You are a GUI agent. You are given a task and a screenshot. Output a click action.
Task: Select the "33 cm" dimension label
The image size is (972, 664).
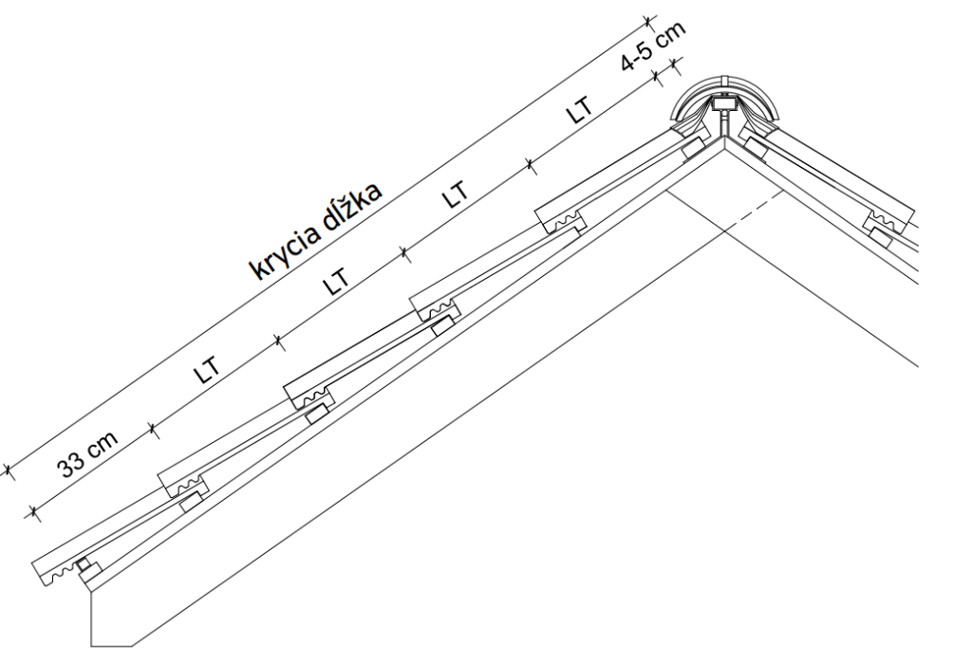tap(87, 455)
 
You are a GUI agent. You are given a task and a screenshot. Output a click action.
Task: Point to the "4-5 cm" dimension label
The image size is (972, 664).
tap(654, 46)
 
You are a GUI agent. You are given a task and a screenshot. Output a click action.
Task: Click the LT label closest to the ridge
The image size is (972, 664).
tap(578, 110)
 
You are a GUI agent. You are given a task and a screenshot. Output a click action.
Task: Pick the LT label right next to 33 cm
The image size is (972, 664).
tap(207, 371)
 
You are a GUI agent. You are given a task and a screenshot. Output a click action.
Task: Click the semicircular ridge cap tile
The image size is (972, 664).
tap(724, 99)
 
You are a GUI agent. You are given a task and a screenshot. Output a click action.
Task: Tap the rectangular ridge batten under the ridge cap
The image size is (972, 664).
tap(723, 103)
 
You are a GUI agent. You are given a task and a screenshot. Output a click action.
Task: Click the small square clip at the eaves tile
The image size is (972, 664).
tap(83, 565)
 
